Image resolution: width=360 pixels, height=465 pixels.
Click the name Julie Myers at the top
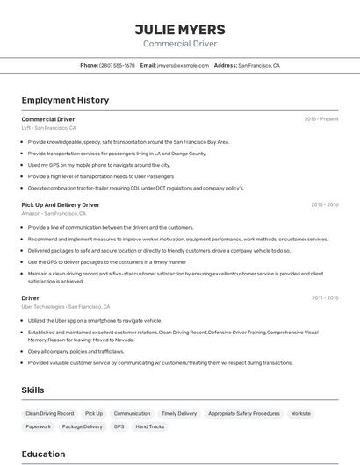[x=180, y=29]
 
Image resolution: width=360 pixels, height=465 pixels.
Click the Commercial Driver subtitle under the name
[x=180, y=44]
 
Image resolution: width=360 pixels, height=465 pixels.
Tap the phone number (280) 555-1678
[x=117, y=65]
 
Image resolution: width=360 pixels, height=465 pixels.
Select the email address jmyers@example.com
[x=183, y=65]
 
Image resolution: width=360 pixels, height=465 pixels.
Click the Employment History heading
[x=65, y=100]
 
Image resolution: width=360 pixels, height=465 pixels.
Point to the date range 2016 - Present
[x=321, y=119]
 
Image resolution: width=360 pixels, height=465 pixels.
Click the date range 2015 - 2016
[x=325, y=204]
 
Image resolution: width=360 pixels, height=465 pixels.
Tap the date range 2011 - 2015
[x=325, y=298]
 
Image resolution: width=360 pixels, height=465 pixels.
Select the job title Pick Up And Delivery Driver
[x=61, y=204]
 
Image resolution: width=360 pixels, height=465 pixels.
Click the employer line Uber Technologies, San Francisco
[x=66, y=307]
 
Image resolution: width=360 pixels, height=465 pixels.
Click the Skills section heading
[x=32, y=390]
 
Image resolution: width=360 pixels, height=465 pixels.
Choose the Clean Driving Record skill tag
[x=50, y=413]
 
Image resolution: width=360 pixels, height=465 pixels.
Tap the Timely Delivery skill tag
[x=179, y=413]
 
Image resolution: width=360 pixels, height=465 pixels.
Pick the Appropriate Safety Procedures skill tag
[x=244, y=413]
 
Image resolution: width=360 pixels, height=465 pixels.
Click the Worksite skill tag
[x=301, y=413]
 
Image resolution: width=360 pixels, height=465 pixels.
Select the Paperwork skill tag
[x=39, y=426]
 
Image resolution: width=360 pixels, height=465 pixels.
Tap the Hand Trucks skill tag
[x=150, y=426]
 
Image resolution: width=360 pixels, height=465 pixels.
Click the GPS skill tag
[x=119, y=426]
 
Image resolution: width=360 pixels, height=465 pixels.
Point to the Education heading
[x=43, y=454]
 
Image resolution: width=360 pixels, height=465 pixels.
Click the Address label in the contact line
[x=226, y=65]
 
